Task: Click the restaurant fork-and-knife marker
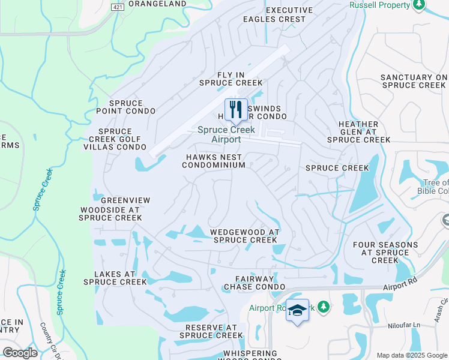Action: coord(236,110)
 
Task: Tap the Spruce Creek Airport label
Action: coord(226,134)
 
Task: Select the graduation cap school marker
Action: coord(297,310)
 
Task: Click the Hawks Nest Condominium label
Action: coord(214,161)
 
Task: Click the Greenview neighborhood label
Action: coord(125,200)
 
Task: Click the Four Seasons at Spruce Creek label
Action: coord(385,253)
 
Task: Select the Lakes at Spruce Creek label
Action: coord(115,277)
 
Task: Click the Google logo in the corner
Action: coord(20,352)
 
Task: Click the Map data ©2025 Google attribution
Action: coord(411,355)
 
